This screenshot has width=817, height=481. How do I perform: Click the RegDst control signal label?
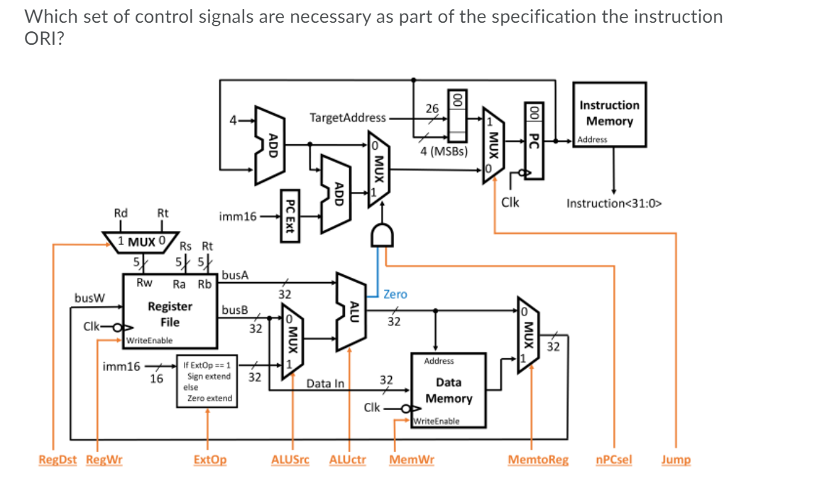57,460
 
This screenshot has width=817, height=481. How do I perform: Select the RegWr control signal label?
104,460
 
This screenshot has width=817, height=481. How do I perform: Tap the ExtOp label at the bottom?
210,460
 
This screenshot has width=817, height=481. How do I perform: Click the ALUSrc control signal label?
290,460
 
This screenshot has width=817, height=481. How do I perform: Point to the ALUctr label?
348,460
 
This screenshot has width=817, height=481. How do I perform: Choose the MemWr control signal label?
412,460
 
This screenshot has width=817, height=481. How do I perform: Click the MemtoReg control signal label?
538,460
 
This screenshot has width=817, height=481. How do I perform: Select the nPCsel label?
614,460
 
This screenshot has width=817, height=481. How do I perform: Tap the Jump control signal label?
675,460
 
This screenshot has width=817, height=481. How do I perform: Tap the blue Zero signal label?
395,293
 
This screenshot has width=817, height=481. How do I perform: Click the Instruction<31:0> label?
614,203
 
